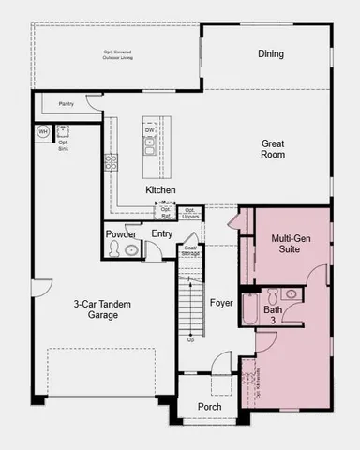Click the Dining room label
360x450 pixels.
click(x=271, y=53)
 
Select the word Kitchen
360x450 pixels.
click(x=161, y=189)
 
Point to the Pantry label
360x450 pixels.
click(x=66, y=104)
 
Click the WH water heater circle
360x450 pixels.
click(x=43, y=132)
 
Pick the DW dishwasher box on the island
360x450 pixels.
click(x=150, y=130)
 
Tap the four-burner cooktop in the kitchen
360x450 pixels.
click(x=112, y=160)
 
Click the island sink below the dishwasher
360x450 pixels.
click(x=149, y=147)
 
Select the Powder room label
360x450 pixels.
click(x=122, y=233)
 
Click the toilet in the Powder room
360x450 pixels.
click(x=115, y=249)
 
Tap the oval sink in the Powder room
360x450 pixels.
click(x=132, y=249)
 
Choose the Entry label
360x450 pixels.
click(x=161, y=233)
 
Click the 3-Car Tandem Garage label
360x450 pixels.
click(x=96, y=309)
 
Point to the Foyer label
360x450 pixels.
click(x=221, y=303)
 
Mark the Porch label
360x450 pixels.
click(x=210, y=407)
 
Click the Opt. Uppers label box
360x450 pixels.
click(x=189, y=213)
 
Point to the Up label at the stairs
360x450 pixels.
click(x=191, y=339)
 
